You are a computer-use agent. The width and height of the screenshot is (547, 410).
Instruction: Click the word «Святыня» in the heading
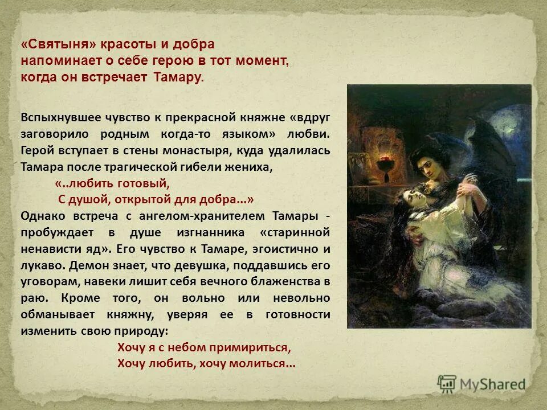click(59, 45)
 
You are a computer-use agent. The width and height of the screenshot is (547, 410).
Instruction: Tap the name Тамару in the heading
click(178, 77)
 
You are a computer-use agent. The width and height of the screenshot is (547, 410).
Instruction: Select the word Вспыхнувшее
click(58, 118)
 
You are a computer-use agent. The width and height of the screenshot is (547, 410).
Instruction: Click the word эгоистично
click(278, 249)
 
